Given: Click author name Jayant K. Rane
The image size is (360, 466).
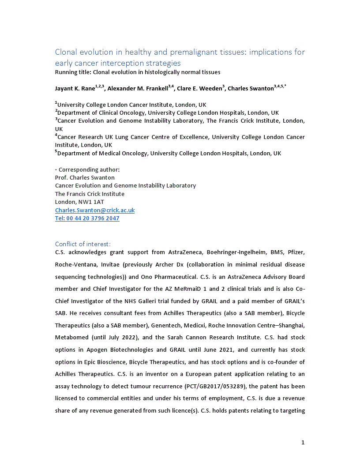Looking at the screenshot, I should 75,88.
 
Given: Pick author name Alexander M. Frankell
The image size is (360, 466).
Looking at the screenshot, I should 137,88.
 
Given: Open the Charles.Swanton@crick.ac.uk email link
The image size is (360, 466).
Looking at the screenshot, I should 95,210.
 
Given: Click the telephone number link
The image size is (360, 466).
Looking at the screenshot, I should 87,218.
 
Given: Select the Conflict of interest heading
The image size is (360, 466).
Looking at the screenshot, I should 83,244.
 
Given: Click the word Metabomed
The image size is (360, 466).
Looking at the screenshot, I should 72,338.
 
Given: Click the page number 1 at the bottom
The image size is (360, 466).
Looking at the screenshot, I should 303,442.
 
